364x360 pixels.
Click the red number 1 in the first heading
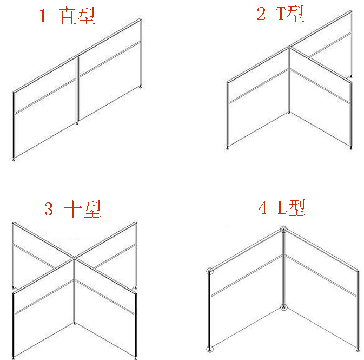point(43,16)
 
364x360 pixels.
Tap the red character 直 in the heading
point(67,16)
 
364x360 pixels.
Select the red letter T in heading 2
point(281,14)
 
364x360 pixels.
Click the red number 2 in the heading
point(262,14)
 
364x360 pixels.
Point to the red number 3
point(49,209)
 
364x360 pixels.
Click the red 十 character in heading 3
point(73,209)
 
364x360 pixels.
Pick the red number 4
point(263,207)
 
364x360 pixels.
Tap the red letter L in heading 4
point(282,207)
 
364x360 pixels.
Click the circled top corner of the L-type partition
point(283,230)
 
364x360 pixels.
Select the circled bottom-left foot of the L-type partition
point(210,349)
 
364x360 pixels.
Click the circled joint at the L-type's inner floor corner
point(283,307)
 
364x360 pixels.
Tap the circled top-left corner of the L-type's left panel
point(210,271)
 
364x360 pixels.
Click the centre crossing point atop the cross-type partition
point(74,258)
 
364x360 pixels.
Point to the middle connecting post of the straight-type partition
point(77,89)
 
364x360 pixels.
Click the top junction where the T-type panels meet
point(289,47)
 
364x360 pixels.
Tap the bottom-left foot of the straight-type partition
point(14,159)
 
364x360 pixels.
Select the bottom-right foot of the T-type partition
point(351,148)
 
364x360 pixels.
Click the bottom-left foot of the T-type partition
point(227,148)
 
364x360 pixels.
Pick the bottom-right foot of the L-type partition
point(358,349)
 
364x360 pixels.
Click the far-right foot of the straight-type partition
point(141,87)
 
